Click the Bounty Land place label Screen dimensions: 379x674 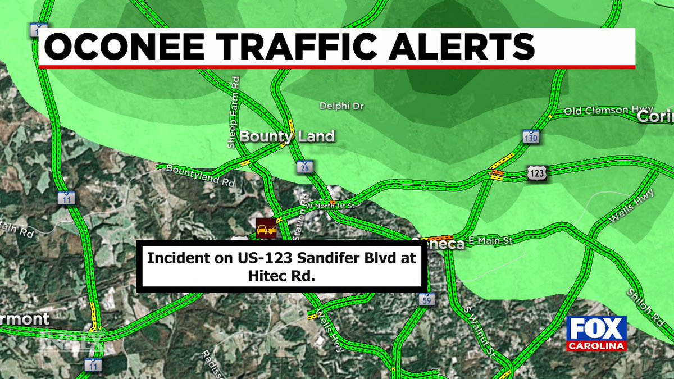(x=287, y=136)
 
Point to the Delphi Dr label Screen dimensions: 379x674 (x=342, y=106)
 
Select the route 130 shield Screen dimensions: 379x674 (x=531, y=138)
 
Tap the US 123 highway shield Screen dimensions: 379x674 (x=536, y=174)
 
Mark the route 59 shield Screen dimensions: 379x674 (x=427, y=299)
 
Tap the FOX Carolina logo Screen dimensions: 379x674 (x=596, y=333)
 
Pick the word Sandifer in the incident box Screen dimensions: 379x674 (x=293, y=258)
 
